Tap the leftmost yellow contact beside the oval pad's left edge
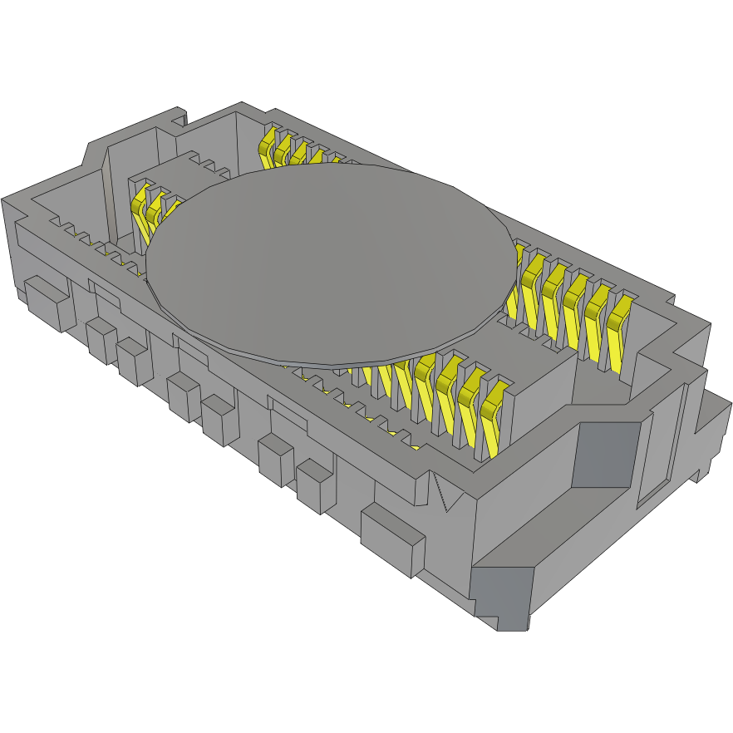tap(140, 208)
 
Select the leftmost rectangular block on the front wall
tap(47, 303)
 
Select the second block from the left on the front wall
tap(101, 341)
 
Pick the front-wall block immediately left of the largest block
tap(314, 486)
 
